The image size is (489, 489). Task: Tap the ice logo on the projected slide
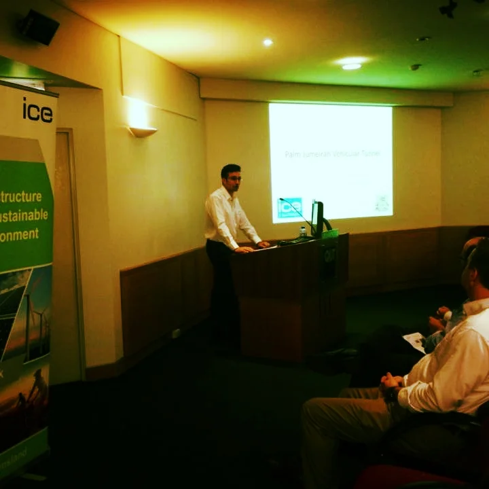coord(289,206)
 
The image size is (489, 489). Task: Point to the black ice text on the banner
coord(37,110)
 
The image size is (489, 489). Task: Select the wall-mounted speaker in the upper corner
coord(39,27)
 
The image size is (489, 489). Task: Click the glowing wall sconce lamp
coord(142,130)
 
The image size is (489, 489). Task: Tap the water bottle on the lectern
coord(303,232)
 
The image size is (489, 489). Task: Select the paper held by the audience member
coord(414,341)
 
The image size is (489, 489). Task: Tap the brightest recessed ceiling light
coord(351,66)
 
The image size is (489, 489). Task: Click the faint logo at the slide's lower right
coord(382,202)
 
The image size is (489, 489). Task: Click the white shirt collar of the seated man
coord(475,306)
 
